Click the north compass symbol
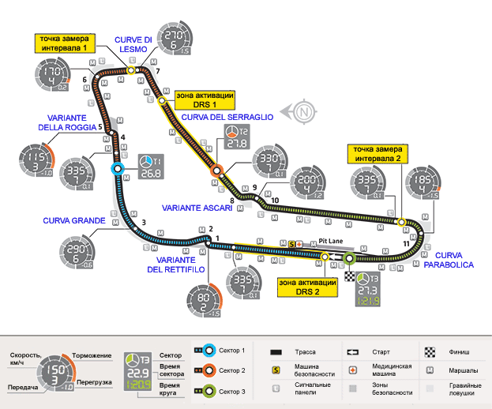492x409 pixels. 302,113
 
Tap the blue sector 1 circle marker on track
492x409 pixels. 118,168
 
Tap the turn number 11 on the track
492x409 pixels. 406,244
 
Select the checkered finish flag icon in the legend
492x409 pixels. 430,351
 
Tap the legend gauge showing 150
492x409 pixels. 53,370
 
